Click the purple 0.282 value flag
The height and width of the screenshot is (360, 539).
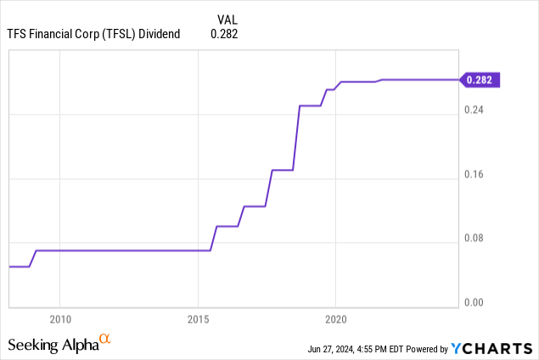click(481, 80)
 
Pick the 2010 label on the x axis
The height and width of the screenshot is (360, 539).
click(59, 319)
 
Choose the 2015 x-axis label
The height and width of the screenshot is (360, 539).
click(198, 319)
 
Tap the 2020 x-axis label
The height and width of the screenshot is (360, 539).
click(335, 319)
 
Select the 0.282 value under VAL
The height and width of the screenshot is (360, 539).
click(224, 34)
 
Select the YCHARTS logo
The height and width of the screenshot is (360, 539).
click(493, 348)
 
